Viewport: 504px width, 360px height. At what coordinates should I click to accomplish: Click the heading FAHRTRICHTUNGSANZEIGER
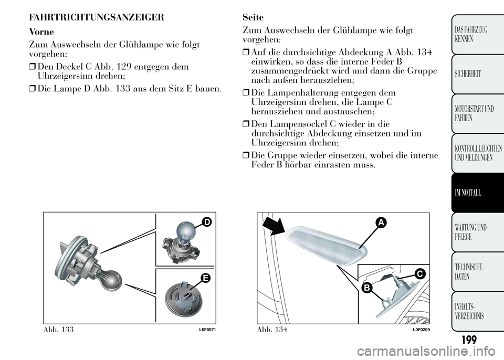[97, 17]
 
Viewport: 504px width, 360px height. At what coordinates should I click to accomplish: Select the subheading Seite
[254, 17]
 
